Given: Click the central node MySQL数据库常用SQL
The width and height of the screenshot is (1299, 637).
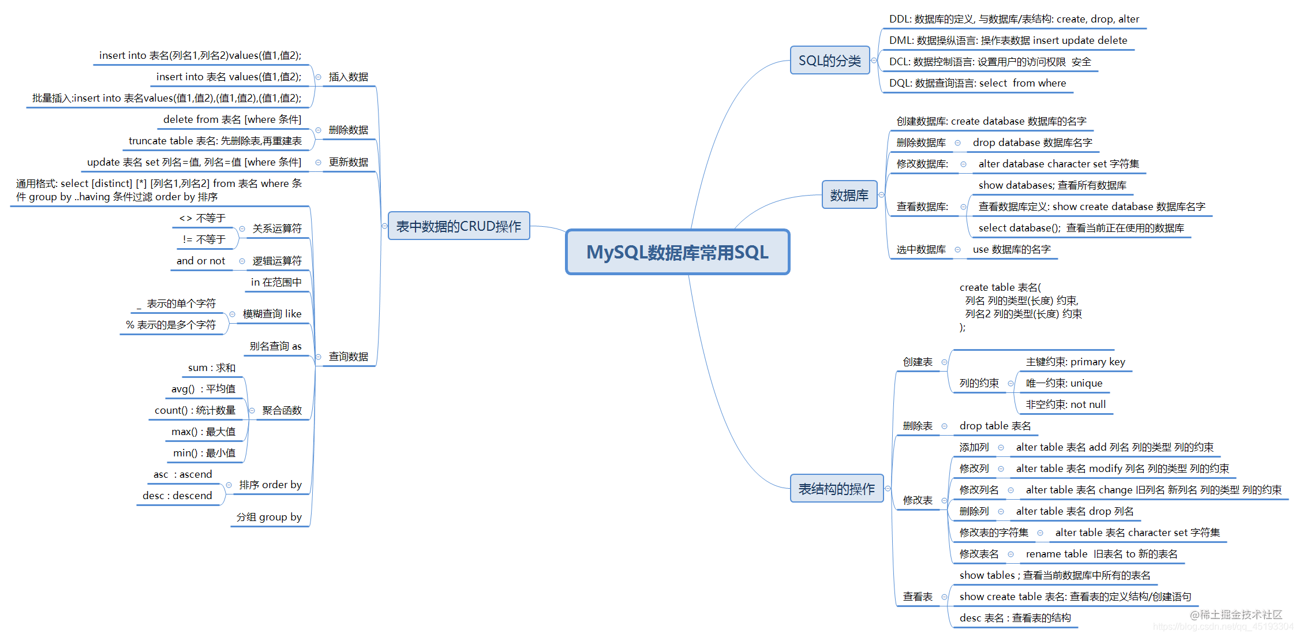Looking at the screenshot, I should [677, 252].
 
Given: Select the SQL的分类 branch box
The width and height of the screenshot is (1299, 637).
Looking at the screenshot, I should [829, 61].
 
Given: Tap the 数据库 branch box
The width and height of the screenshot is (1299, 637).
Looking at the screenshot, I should [849, 195].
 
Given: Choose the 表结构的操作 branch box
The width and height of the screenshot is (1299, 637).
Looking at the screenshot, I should [836, 489].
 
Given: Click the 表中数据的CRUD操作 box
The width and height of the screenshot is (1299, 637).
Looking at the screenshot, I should [458, 226].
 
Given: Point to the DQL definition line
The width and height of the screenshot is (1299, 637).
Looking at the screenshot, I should [977, 83].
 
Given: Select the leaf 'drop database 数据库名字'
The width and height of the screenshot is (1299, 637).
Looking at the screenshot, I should [1032, 143].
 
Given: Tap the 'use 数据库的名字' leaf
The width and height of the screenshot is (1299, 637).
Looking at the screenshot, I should [1011, 249].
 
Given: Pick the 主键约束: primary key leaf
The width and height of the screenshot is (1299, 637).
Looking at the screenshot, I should [1075, 362].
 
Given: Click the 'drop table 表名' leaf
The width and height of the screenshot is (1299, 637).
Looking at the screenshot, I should [995, 426].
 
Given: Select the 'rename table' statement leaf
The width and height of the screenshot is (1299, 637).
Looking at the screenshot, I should [1101, 554].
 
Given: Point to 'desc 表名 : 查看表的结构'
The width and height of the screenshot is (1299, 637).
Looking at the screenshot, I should [1015, 618].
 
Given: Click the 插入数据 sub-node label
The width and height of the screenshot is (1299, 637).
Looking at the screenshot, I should [348, 77].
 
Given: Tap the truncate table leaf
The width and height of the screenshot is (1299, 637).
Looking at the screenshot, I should [215, 141].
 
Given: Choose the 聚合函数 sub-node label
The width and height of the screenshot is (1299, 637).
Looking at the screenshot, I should [282, 410].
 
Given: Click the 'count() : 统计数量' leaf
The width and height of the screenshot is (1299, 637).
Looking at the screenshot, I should [194, 410].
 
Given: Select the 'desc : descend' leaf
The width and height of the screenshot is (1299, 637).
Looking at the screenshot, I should [177, 496].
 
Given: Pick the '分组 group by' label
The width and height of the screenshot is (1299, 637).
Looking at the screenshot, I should [269, 517].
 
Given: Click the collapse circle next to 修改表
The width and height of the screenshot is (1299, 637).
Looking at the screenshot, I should [944, 500].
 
